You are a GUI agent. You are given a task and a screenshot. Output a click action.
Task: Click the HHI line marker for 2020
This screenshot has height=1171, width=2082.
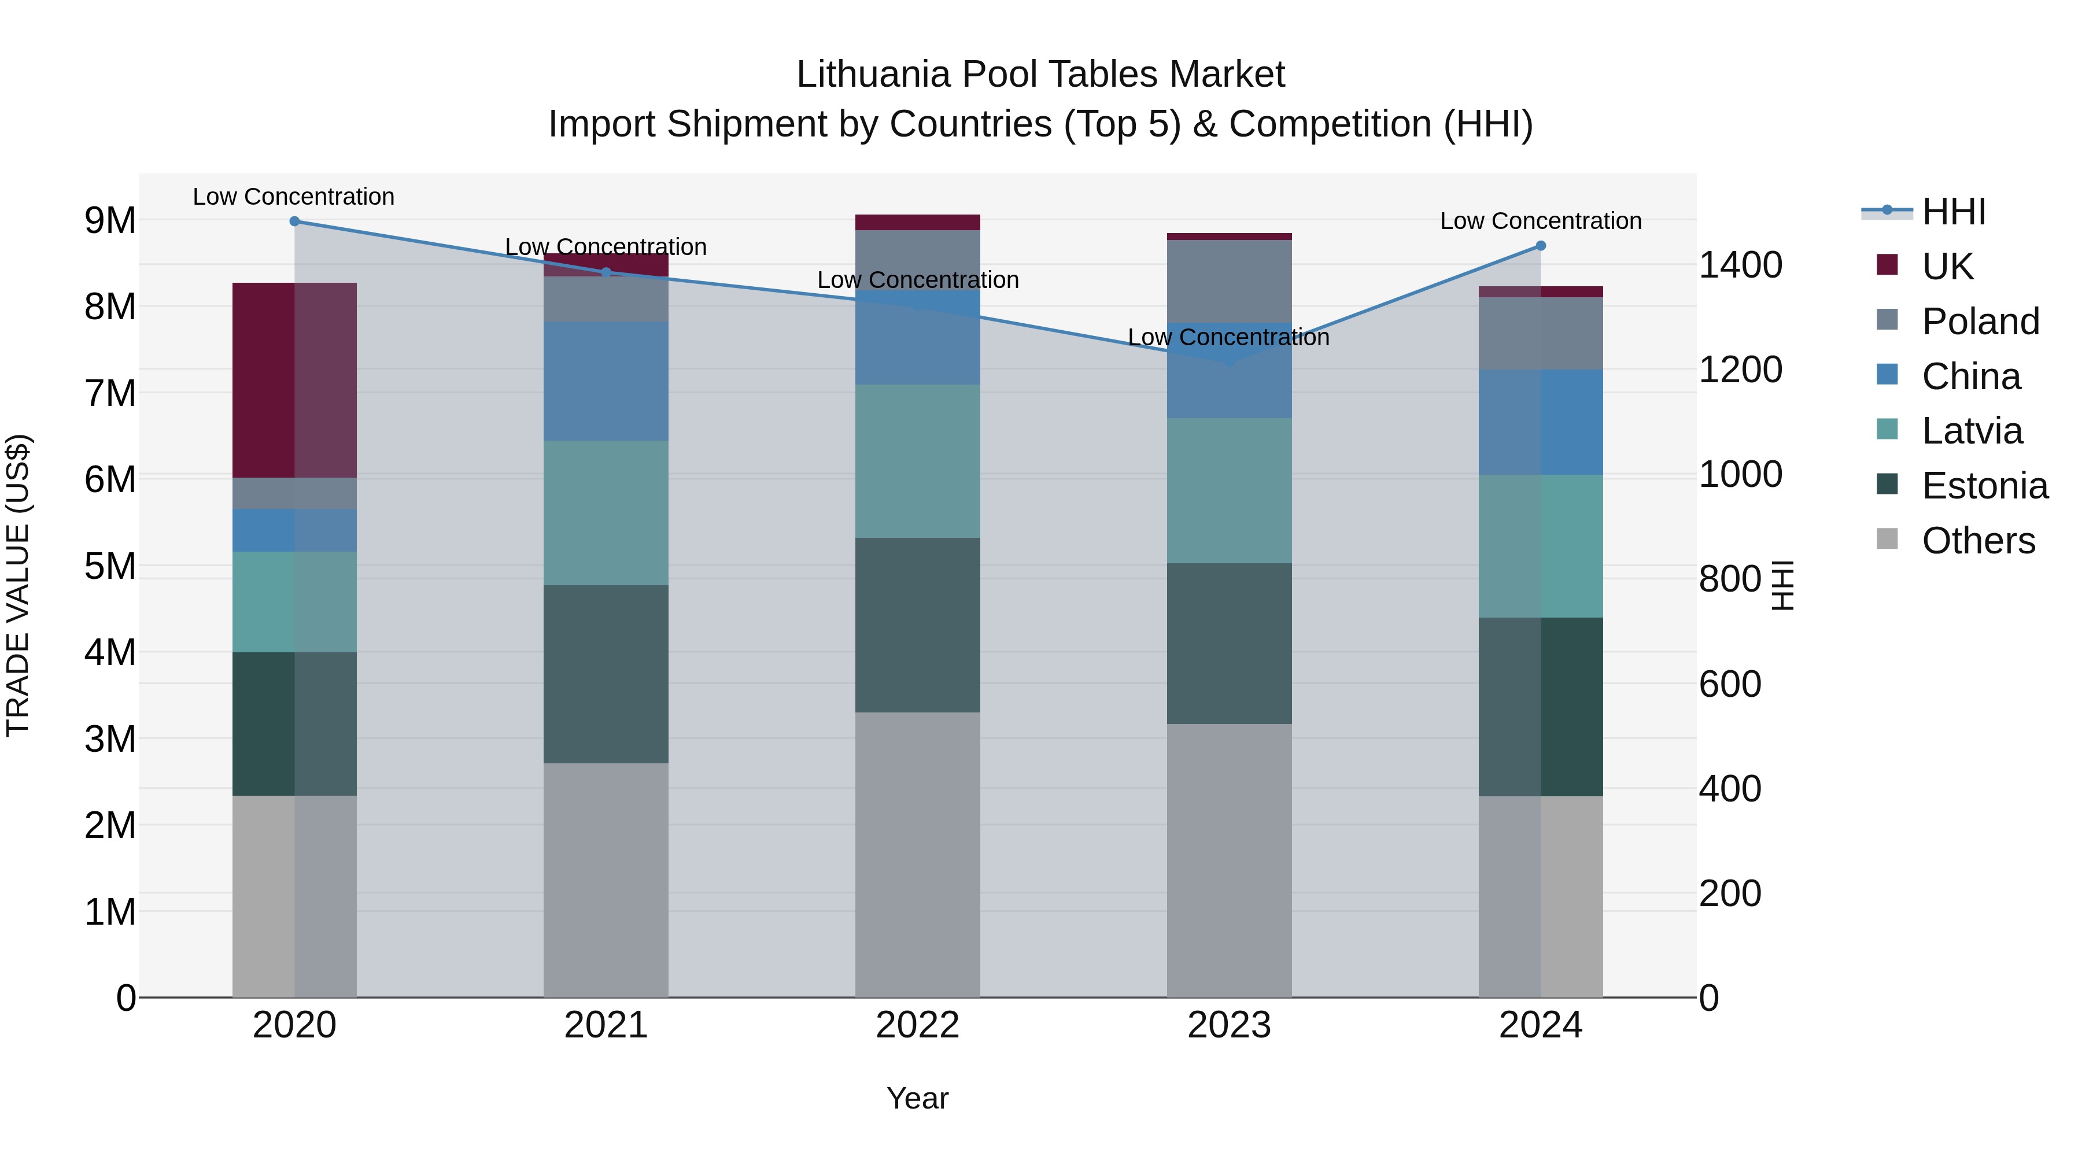tap(294, 221)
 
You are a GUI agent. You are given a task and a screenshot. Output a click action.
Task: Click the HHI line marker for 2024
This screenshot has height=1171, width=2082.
tap(1541, 246)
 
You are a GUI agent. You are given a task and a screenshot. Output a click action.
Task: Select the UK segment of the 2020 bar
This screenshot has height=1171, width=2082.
tap(294, 380)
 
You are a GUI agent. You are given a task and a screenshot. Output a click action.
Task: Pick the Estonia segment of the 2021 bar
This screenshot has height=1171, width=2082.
tap(606, 674)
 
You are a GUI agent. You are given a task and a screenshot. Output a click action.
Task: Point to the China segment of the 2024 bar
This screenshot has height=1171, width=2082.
tap(1541, 422)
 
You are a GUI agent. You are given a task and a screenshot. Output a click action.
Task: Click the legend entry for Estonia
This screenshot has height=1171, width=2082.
tap(1984, 486)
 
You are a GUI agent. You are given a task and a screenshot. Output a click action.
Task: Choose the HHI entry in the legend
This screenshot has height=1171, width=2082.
tap(1952, 212)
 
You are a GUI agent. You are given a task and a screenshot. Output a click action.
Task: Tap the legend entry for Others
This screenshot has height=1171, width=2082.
tap(1977, 541)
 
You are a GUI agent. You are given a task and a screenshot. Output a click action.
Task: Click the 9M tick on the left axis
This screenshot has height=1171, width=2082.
tap(110, 220)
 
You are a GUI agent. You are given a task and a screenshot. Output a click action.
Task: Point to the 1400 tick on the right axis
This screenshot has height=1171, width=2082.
tap(1740, 265)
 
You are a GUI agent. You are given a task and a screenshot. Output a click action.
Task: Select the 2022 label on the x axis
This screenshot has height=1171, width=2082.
tap(917, 1025)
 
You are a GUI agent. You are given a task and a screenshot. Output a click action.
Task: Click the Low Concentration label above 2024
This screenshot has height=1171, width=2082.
tap(1541, 221)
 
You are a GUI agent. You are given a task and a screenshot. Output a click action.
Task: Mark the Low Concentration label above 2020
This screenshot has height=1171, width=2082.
tap(293, 197)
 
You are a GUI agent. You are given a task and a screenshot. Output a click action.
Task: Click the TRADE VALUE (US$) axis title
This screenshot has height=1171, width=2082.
tap(18, 585)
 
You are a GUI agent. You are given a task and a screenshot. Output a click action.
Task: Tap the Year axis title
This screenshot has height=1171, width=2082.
tap(917, 1098)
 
